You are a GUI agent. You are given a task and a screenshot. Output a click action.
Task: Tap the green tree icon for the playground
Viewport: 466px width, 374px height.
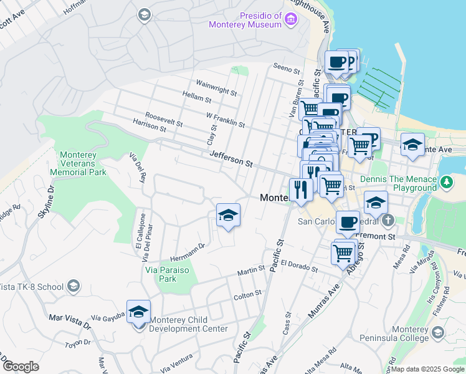pyautogui.click(x=446, y=182)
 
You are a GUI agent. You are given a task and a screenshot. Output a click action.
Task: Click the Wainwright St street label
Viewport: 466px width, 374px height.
pyautogui.click(x=216, y=88)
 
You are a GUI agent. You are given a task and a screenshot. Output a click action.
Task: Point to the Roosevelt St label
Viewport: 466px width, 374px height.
pyautogui.click(x=163, y=119)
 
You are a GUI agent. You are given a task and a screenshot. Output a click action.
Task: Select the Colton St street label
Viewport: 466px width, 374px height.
pyautogui.click(x=247, y=294)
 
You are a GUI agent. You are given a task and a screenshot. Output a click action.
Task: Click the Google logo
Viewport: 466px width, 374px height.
pyautogui.click(x=21, y=367)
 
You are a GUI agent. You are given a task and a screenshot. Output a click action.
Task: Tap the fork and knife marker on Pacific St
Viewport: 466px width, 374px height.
pyautogui.click(x=301, y=189)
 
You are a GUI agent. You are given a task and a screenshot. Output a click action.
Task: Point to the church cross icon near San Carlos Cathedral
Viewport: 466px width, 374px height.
pyautogui.click(x=388, y=219)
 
